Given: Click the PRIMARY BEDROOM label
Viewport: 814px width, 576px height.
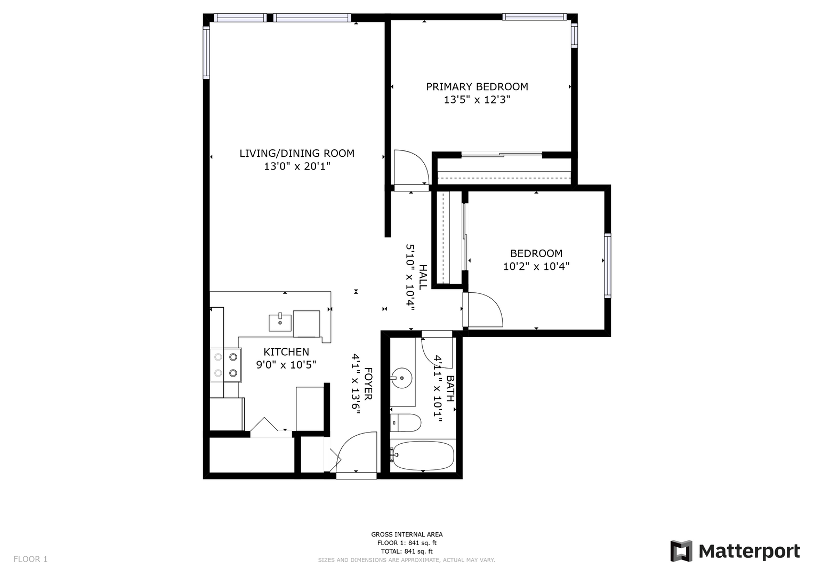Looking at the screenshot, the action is (x=477, y=87).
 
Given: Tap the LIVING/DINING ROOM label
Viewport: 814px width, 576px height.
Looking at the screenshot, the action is (x=297, y=154).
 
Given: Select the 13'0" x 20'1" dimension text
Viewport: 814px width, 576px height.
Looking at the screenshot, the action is (x=297, y=166).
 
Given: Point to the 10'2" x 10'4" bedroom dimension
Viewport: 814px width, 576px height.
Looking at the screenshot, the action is (x=536, y=267).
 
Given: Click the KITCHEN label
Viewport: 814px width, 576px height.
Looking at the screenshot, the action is (x=286, y=351).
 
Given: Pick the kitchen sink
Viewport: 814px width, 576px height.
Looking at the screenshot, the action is (x=280, y=323).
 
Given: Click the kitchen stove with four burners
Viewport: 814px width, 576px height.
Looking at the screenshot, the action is (x=226, y=365).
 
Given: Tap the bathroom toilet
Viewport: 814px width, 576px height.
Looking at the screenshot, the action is (x=406, y=422).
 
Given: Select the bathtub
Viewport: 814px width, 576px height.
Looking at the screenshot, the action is (x=422, y=455).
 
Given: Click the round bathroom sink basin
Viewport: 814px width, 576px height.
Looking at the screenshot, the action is (x=401, y=378).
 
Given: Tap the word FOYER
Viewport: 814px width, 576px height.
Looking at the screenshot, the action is (x=368, y=384).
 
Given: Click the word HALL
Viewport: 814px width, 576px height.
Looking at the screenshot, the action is (x=423, y=277).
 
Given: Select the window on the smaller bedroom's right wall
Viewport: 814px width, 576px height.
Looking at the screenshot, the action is (x=608, y=266).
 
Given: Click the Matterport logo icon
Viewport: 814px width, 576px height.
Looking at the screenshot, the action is (x=681, y=551).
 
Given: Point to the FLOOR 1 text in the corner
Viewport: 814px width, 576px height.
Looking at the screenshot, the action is (x=30, y=559).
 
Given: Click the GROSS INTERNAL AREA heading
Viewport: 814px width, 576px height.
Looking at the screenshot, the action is (x=407, y=534).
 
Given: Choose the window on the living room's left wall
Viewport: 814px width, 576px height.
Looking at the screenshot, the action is (x=206, y=52).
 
